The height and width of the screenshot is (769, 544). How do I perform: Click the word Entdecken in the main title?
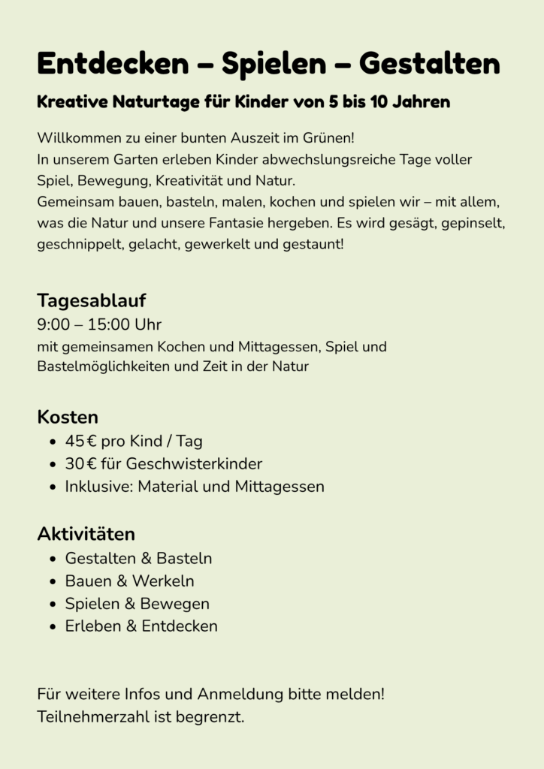113,64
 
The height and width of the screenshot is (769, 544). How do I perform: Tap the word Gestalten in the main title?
429,64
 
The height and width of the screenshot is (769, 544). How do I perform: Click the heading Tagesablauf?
91,300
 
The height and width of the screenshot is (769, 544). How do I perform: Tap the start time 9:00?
53,325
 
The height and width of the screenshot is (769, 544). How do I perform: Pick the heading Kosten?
68,417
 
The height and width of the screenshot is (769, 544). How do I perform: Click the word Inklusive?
98,487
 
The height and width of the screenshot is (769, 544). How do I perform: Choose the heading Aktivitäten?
86,534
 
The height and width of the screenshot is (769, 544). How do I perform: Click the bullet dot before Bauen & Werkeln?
52,582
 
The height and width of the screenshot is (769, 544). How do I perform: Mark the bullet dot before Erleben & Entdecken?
52,627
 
